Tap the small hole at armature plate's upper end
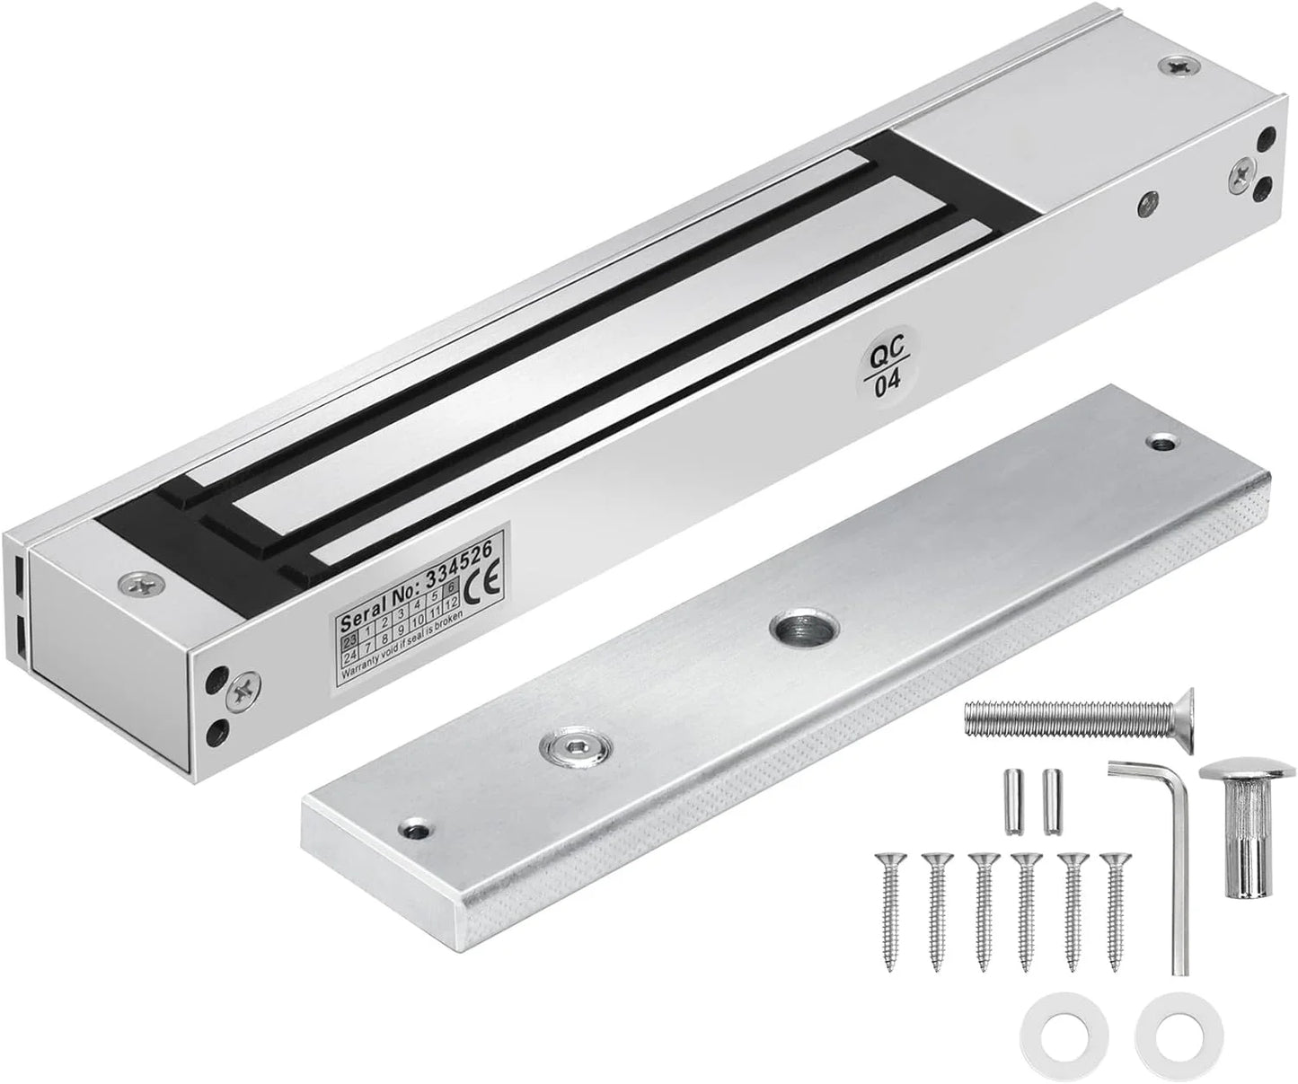[1166, 441]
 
